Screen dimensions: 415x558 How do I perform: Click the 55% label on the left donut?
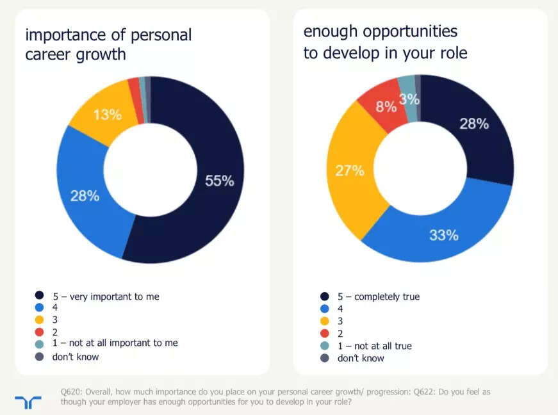[219, 181]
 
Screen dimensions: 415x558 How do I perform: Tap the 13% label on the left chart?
[107, 115]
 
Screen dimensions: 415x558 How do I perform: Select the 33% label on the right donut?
[444, 235]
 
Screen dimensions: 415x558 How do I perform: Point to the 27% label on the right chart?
[349, 171]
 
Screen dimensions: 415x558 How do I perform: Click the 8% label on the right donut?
[386, 107]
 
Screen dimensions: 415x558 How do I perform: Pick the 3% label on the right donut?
[409, 99]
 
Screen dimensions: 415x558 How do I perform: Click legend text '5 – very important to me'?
[106, 297]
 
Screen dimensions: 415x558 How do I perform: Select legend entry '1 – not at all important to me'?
[115, 343]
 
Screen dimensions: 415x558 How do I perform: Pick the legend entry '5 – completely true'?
[379, 297]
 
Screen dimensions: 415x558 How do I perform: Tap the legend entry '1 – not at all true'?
[375, 346]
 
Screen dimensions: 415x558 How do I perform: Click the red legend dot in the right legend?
[324, 334]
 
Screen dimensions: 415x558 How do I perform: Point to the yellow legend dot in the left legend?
[40, 320]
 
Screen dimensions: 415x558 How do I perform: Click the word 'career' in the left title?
[49, 54]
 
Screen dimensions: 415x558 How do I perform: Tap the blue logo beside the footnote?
[28, 402]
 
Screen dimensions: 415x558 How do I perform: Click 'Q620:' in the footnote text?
[72, 391]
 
